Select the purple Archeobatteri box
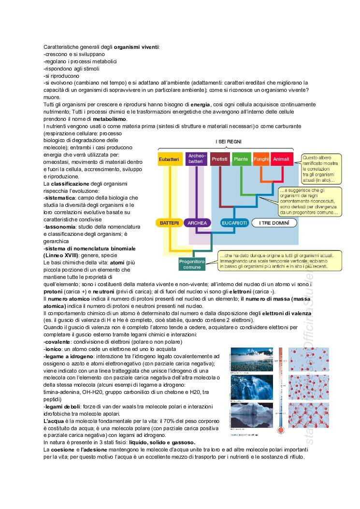pyautogui.click(x=195, y=159)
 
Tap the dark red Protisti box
pyautogui.click(x=219, y=159)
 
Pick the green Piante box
pyautogui.click(x=240, y=159)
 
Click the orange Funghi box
pyautogui.click(x=261, y=159)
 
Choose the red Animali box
pyautogui.click(x=281, y=159)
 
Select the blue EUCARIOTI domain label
pyautogui.click(x=234, y=223)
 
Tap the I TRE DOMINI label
pyautogui.click(x=274, y=223)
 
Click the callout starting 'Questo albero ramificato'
pyautogui.click(x=320, y=169)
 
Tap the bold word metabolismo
pyautogui.click(x=110, y=119)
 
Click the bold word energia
pyautogui.click(x=201, y=104)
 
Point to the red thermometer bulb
pyautogui.click(x=281, y=430)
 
